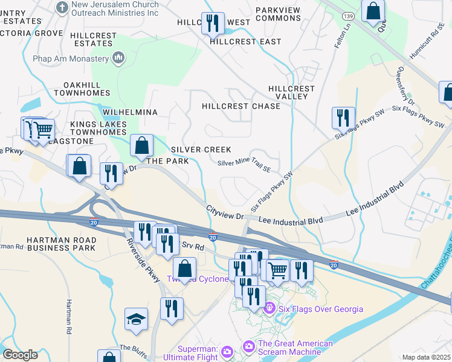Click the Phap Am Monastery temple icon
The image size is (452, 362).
pos(118,58)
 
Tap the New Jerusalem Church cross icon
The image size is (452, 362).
pos(62,7)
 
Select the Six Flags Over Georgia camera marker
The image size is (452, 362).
pos(269,309)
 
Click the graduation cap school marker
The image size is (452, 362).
pos(136,319)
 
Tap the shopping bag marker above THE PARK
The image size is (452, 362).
pos(141,145)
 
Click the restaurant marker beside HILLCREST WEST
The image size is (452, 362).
pos(212,24)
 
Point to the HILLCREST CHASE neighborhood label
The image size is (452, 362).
pos(241,106)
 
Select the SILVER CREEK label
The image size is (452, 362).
pos(201,149)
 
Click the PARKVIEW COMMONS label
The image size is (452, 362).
pos(278,14)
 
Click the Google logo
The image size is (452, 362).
pos(20,354)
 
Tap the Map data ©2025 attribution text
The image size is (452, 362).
pos(425,357)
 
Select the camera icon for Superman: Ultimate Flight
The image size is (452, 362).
pos(227,351)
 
